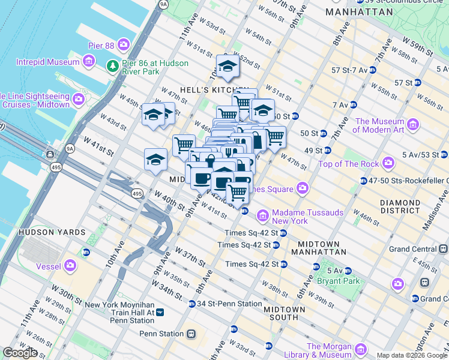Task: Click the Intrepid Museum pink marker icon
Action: point(89,61)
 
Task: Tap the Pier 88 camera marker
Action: point(124,44)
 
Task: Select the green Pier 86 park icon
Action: point(112,66)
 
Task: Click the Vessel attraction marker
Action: point(71,265)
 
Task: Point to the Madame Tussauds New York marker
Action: point(262,215)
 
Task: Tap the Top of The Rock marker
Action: point(388,163)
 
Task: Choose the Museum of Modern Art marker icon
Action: point(412,124)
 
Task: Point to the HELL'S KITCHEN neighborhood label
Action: point(205,90)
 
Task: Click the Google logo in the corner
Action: point(20,353)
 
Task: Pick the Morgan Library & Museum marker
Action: point(361,349)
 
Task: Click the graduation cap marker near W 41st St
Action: point(155,160)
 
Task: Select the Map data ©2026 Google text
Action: point(412,355)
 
